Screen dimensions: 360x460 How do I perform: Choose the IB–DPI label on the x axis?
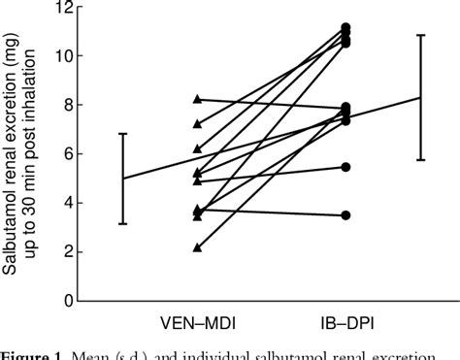coord(345,321)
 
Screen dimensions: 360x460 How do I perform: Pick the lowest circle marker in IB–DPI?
coord(345,214)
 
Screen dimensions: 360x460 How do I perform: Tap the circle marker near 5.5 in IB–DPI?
coord(345,167)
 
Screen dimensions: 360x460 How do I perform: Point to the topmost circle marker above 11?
coord(345,28)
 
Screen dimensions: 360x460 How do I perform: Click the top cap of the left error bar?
coord(122,134)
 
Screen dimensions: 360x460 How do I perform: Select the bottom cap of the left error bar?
coord(122,224)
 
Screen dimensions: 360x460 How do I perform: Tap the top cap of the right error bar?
coord(421,36)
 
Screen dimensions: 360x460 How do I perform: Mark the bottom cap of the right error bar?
coord(421,160)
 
